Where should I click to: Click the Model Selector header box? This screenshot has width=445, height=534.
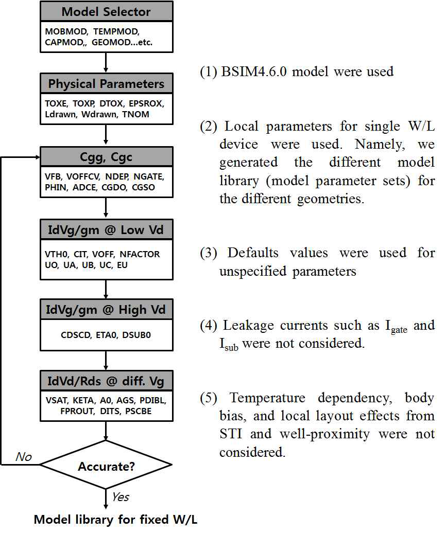tap(106, 11)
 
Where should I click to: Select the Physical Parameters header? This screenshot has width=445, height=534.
tap(106, 84)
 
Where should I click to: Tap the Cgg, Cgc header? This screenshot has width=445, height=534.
tap(106, 157)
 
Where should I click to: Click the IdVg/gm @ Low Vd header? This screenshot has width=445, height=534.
tap(106, 229)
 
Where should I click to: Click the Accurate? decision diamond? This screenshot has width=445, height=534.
tap(106, 467)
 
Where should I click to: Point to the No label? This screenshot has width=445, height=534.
tap(24, 456)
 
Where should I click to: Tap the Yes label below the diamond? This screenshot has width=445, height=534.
tap(120, 497)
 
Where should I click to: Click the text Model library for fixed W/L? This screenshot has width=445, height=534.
tap(115, 520)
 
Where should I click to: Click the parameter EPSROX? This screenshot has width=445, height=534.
tap(147, 103)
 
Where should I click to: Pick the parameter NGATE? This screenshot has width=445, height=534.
tap(147, 176)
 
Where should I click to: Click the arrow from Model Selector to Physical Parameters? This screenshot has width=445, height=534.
tap(106, 62)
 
